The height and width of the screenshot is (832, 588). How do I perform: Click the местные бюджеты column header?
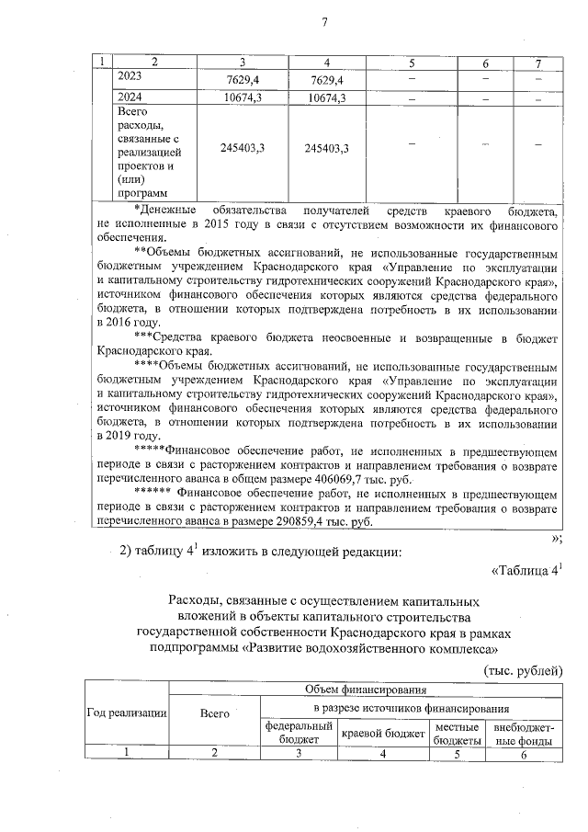pyautogui.click(x=458, y=732)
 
